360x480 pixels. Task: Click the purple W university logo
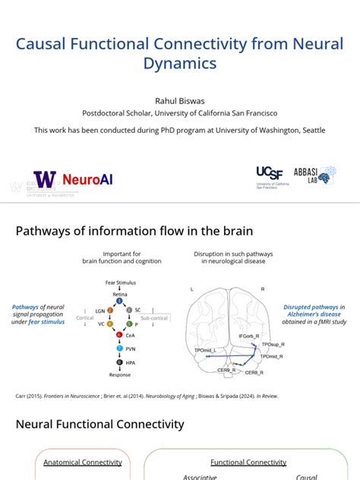pyautogui.click(x=45, y=179)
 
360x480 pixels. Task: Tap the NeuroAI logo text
pyautogui.click(x=87, y=180)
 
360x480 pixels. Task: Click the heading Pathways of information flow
pyautogui.click(x=134, y=231)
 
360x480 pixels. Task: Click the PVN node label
pyautogui.click(x=131, y=349)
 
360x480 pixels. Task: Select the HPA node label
pyautogui.click(x=131, y=363)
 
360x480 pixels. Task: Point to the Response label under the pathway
pyautogui.click(x=120, y=375)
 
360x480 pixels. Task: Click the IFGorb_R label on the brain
pyautogui.click(x=249, y=335)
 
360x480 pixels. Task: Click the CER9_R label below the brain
pyautogui.click(x=227, y=370)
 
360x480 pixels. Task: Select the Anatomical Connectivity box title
pyautogui.click(x=83, y=462)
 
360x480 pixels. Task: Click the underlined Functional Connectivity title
pyautogui.click(x=248, y=462)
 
